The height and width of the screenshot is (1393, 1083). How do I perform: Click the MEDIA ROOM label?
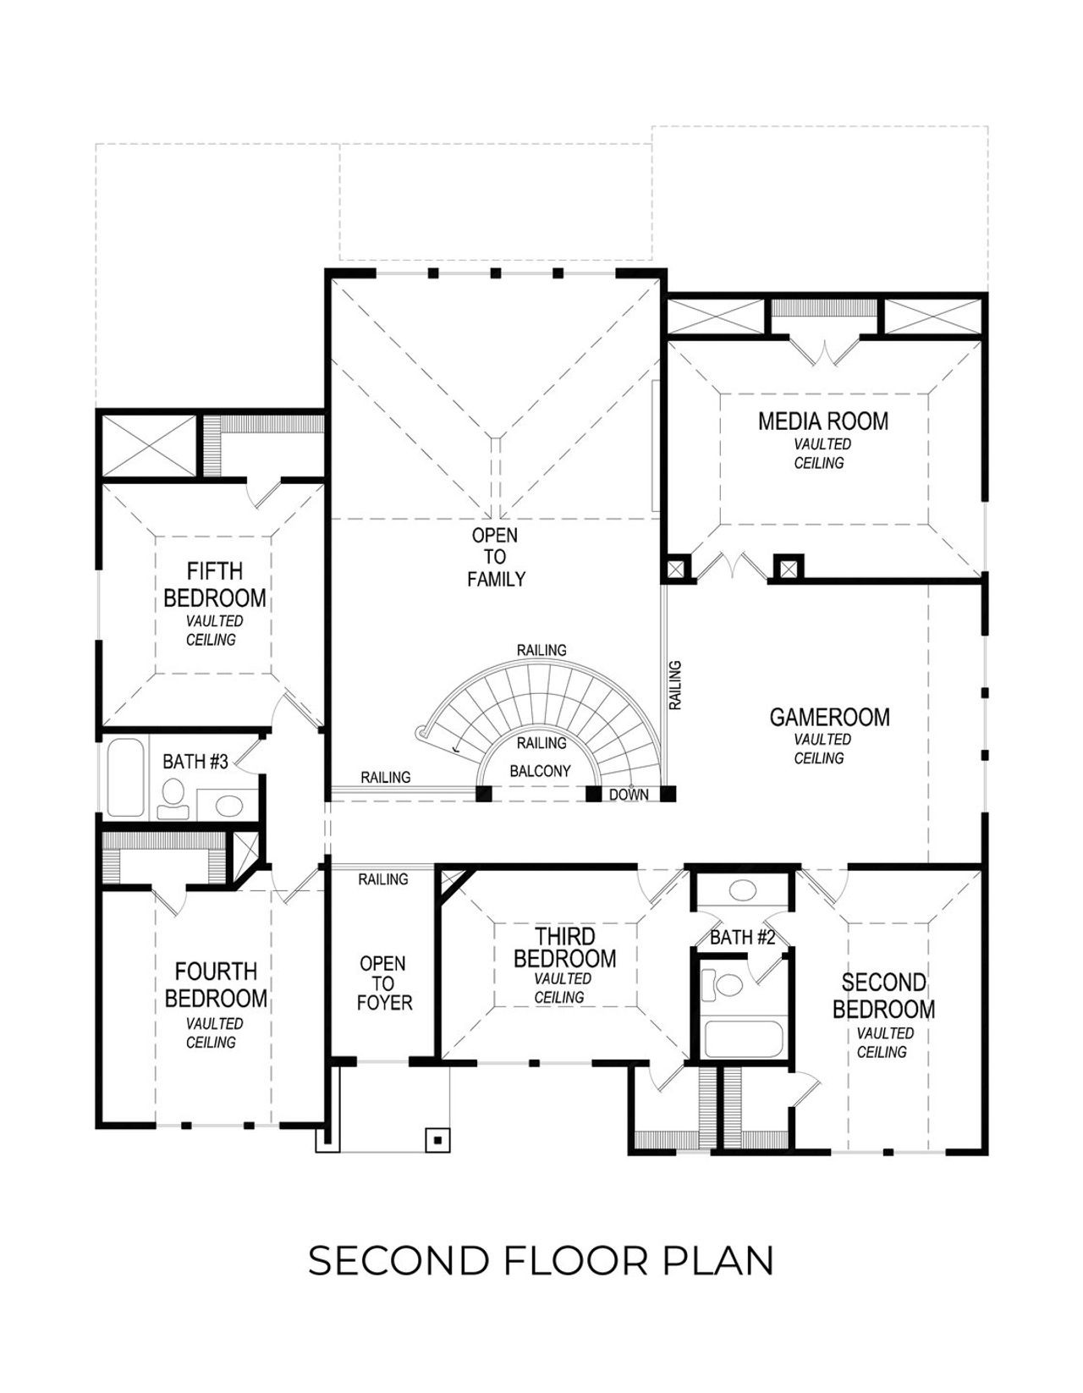[822, 421]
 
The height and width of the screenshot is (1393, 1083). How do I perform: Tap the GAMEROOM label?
[829, 718]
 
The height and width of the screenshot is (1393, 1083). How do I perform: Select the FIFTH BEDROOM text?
[214, 585]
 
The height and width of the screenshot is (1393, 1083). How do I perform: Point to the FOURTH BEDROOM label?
[215, 985]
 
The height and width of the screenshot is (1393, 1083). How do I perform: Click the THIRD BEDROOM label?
[564, 948]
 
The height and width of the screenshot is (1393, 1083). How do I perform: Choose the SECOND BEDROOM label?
[883, 996]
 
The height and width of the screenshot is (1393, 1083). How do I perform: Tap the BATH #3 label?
[195, 762]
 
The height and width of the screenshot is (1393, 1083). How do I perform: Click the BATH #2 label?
[742, 937]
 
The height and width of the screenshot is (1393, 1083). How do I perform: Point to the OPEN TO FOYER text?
[383, 983]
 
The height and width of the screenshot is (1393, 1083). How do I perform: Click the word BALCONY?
[540, 772]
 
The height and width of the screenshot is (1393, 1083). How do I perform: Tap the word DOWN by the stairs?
[629, 795]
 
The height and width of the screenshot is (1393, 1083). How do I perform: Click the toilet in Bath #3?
[173, 796]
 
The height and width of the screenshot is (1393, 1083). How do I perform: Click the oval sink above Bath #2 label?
[743, 890]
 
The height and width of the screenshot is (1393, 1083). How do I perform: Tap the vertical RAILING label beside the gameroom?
[675, 685]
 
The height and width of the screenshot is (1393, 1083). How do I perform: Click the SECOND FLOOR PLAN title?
[541, 1261]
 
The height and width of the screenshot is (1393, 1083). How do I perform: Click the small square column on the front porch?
[437, 1139]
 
